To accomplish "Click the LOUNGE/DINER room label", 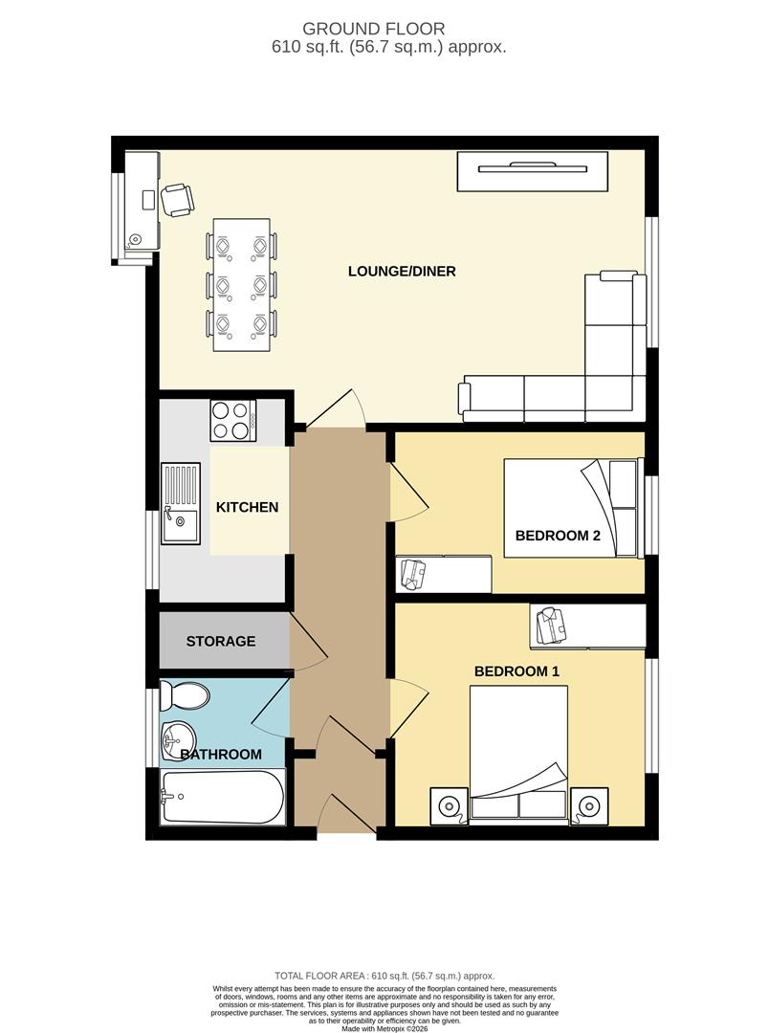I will [x=401, y=272].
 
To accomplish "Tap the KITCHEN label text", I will [x=247, y=507].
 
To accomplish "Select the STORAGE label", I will [x=221, y=641].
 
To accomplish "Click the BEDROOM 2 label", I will [x=558, y=536].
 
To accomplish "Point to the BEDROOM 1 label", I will [x=516, y=671].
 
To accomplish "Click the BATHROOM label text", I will [x=221, y=755].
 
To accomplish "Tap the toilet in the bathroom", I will [x=186, y=695].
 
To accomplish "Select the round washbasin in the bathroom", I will [x=177, y=737].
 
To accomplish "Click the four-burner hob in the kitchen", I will [x=232, y=420].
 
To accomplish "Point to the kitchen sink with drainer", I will [x=180, y=503].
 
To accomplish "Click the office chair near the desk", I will [x=177, y=200].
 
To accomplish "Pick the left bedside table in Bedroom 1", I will [x=448, y=805].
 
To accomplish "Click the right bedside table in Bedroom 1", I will [x=589, y=805].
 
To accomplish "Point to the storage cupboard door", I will [x=308, y=640].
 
